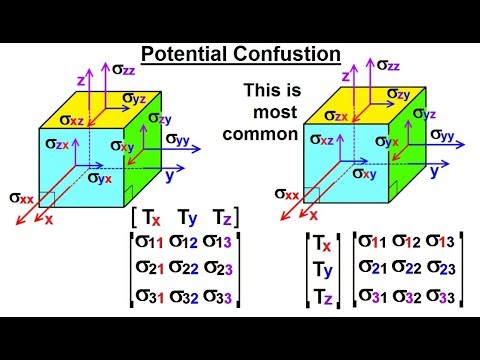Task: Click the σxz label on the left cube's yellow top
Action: coord(72,119)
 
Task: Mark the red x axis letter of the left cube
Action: coord(48,219)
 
